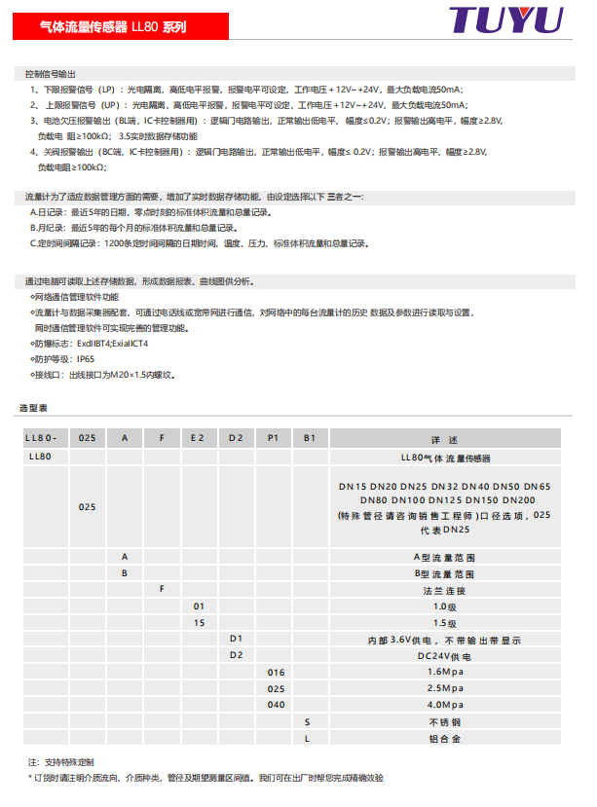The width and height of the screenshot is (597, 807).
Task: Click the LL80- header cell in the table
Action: click(x=47, y=438)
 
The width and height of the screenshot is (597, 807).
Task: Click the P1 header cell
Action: click(x=274, y=438)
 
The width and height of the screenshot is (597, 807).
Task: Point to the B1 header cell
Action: click(x=310, y=438)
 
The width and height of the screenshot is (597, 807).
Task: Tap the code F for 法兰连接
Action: click(x=162, y=589)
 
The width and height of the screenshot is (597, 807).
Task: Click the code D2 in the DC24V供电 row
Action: click(x=236, y=655)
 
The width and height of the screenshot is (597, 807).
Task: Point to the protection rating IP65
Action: click(x=79, y=358)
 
